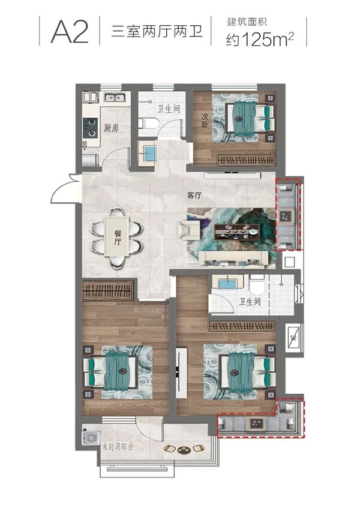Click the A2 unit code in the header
70,32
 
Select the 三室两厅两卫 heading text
157,32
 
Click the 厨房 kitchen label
111,128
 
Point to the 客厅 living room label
194,196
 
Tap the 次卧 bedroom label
205,121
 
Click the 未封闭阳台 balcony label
117,447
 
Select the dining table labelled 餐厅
117,236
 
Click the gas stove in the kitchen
90,128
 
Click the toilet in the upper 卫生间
149,124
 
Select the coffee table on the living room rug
236,231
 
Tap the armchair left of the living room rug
188,230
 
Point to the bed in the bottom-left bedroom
110,371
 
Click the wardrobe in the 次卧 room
247,160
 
